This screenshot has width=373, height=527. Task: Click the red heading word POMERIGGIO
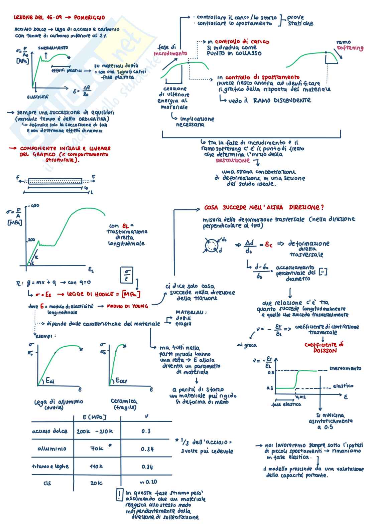(89, 17)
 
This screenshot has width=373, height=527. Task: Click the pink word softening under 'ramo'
(350, 48)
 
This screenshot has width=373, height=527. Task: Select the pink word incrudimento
(170, 53)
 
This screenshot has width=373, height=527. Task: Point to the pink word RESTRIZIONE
(233, 160)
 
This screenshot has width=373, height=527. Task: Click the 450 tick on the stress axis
(35, 206)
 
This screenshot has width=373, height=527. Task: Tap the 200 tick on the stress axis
(31, 239)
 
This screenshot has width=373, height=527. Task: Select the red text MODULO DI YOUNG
(127, 306)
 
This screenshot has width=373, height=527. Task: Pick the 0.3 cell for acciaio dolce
(146, 431)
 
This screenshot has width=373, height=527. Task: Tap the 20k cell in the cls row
(96, 483)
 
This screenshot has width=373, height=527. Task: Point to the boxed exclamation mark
(119, 495)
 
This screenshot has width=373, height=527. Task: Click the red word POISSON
(325, 351)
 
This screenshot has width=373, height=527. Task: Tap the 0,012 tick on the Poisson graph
(300, 397)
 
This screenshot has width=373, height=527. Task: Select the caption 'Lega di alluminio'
(58, 402)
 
